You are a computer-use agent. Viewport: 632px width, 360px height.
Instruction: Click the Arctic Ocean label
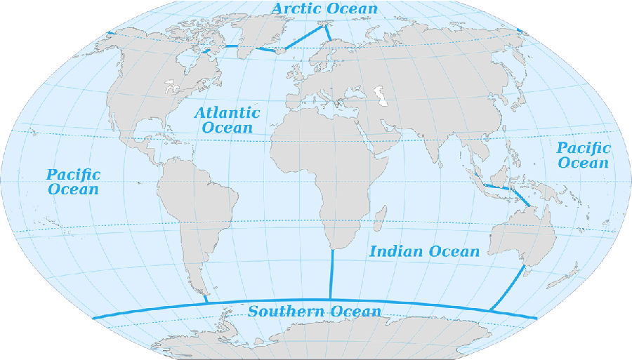coord(324,9)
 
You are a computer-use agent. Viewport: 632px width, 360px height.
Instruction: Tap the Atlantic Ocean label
coord(227,120)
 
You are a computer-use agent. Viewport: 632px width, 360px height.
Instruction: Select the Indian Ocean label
coord(424,251)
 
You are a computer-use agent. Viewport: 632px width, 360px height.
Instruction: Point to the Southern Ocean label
coord(315,312)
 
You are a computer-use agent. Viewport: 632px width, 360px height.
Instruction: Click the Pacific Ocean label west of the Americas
coord(73,182)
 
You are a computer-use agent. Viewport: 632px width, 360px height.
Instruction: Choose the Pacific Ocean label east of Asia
coord(583,155)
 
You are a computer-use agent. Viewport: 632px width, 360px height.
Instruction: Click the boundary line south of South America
coord(205,298)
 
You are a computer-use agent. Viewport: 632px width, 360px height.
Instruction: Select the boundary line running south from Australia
coord(507,288)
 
